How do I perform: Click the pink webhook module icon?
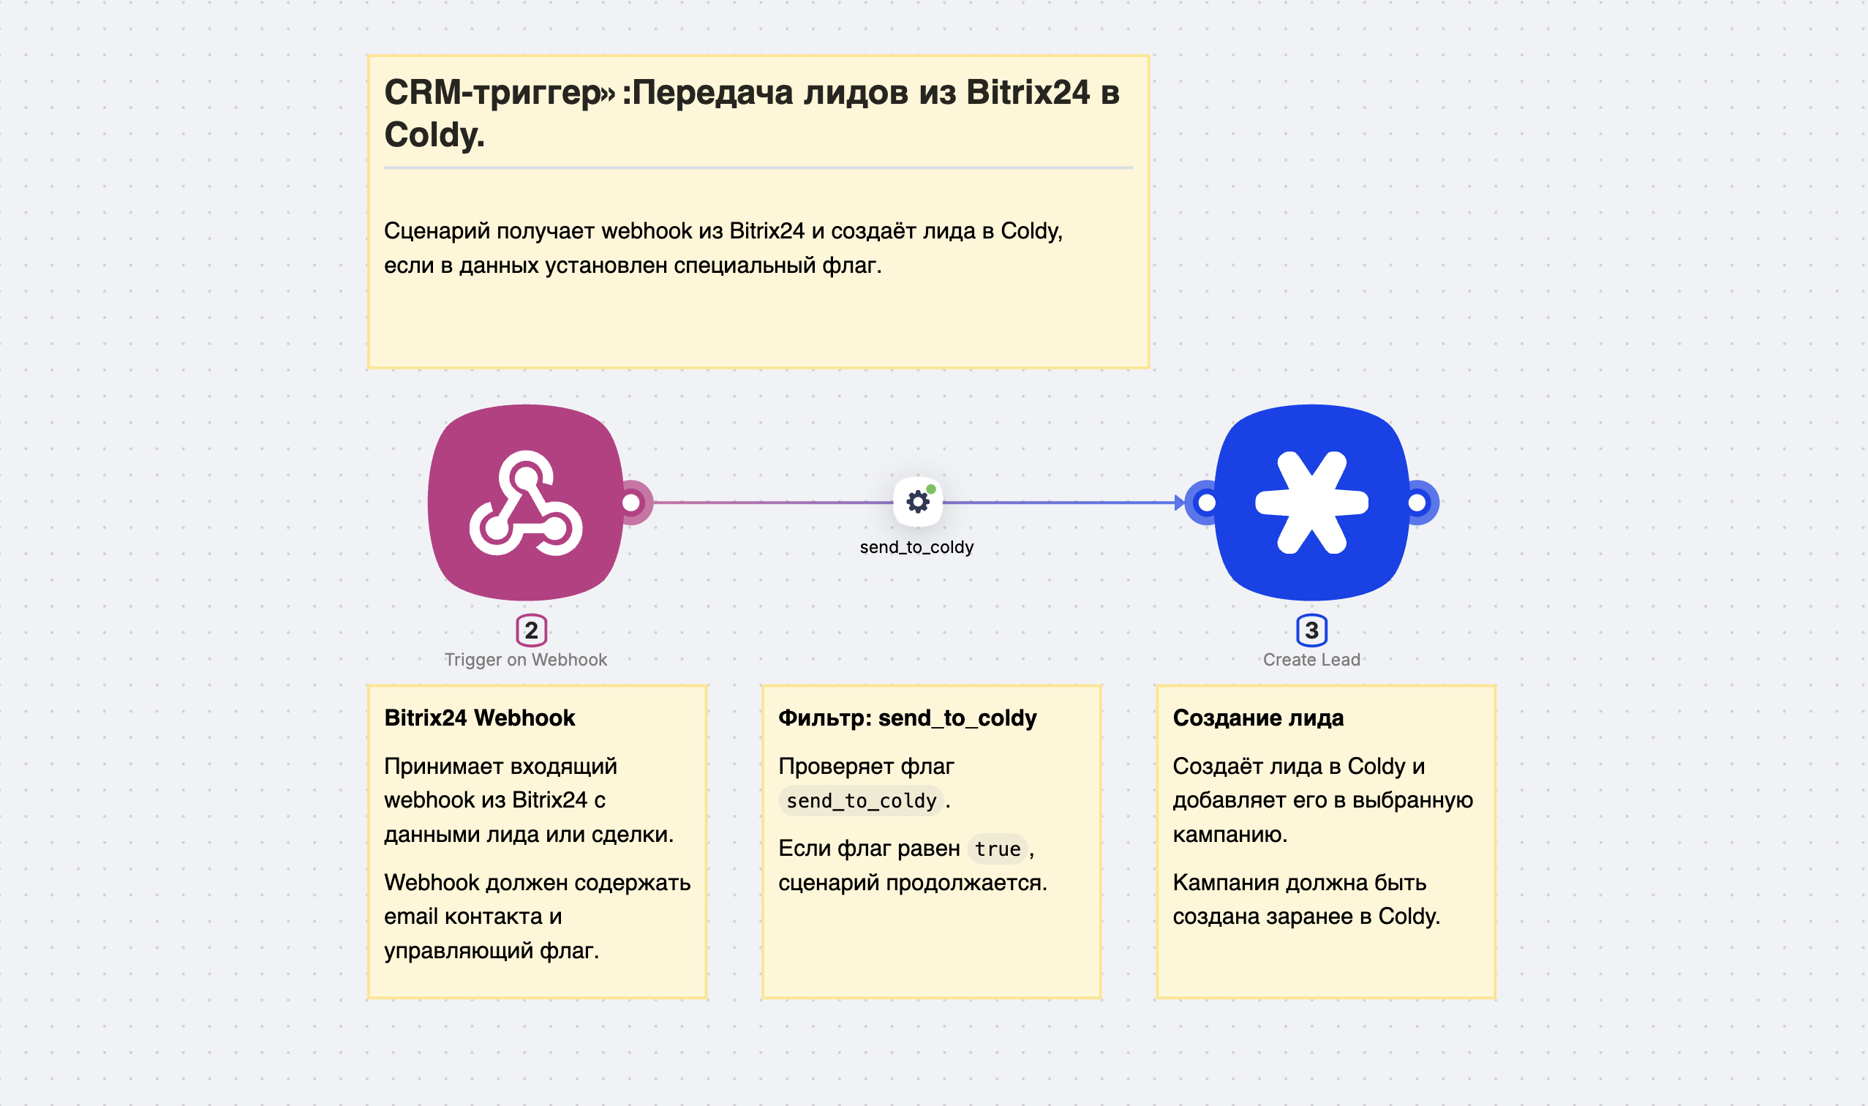point(526,503)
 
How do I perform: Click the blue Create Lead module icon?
point(1311,503)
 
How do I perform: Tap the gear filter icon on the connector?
point(918,501)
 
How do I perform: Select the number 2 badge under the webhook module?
point(531,631)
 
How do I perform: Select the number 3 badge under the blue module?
point(1311,631)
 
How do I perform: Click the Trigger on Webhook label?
point(525,660)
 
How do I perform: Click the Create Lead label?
point(1311,660)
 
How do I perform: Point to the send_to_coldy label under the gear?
point(916,547)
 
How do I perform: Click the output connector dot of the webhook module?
point(632,503)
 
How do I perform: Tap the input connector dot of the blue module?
point(1206,503)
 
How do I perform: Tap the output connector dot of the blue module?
point(1417,503)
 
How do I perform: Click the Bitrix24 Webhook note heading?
point(479,718)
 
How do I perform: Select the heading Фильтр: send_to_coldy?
point(907,718)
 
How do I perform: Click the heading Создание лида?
point(1258,718)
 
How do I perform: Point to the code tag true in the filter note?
point(997,849)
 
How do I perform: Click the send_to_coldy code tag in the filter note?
point(861,801)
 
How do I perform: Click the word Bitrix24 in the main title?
point(1028,92)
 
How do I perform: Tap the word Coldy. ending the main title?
point(434,135)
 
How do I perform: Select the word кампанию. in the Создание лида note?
point(1229,834)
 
